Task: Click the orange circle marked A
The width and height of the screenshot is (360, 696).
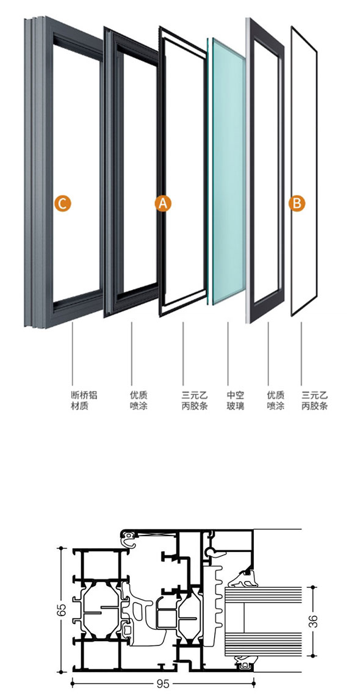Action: pyautogui.click(x=163, y=203)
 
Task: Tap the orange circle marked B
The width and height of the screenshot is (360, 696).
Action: pyautogui.click(x=297, y=203)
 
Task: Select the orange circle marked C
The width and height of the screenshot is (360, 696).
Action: pyautogui.click(x=62, y=203)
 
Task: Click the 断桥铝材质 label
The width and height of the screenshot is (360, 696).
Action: pyautogui.click(x=84, y=401)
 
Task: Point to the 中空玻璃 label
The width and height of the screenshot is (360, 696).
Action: pyautogui.click(x=236, y=401)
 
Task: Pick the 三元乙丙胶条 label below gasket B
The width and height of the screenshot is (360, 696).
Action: pyautogui.click(x=314, y=401)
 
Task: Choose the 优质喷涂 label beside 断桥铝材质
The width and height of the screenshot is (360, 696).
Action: pyautogui.click(x=139, y=401)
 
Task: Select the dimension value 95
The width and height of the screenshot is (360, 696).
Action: pyautogui.click(x=163, y=684)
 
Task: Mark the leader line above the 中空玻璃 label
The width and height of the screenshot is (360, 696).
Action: pyautogui.click(x=228, y=353)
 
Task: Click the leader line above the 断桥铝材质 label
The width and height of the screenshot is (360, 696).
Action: pyautogui.click(x=72, y=353)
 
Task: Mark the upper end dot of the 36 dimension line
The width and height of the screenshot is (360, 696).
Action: pyautogui.click(x=314, y=587)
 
